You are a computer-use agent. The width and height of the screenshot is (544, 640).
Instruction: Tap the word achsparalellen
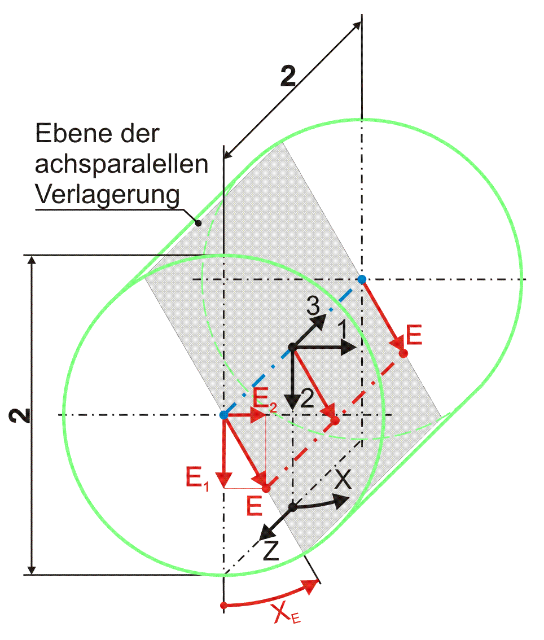122,164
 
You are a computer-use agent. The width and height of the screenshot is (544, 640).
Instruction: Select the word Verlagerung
107,195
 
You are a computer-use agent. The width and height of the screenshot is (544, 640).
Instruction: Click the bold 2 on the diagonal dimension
288,76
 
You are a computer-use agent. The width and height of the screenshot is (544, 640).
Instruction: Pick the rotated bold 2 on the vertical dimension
20,415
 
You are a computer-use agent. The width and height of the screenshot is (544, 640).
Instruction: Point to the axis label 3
313,306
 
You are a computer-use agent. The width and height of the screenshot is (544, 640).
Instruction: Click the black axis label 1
343,330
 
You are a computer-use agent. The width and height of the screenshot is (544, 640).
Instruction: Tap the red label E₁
197,478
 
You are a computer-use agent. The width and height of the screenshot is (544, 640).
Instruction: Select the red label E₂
264,398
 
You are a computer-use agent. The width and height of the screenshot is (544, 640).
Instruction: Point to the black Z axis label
270,551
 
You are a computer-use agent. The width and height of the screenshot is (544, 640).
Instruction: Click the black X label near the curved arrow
343,479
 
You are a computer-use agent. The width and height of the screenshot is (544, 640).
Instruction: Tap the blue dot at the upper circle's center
362,279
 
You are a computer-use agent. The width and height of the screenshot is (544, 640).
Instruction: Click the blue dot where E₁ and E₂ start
223,415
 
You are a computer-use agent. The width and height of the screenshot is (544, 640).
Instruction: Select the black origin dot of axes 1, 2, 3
293,348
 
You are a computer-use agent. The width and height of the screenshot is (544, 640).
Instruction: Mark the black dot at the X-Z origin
293,507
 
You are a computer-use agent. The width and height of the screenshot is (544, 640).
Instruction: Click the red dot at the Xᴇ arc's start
223,605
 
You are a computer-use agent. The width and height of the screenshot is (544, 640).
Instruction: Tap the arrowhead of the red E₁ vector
223,480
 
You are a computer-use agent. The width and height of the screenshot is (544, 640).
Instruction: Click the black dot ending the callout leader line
198,223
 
